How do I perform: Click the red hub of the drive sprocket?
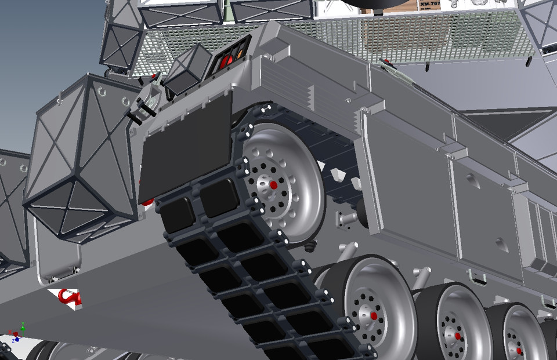[273, 185]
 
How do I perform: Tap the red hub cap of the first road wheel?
[374, 316]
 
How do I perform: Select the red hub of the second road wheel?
[458, 336]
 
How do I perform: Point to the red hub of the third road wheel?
[519, 351]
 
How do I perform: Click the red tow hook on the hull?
[69, 297]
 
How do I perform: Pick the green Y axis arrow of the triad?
[22, 325]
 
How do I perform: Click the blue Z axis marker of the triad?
[17, 339]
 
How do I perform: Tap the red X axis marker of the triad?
[10, 334]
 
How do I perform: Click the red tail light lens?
[222, 60]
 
